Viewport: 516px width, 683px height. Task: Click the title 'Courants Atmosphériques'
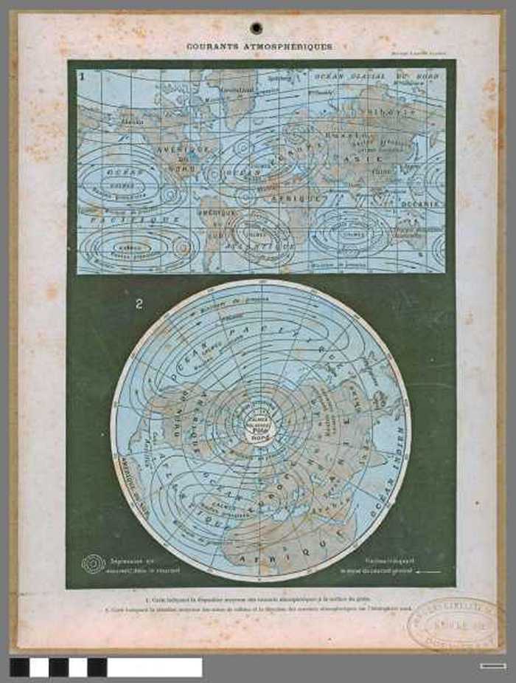coord(259,47)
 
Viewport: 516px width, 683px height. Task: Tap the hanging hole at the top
coord(256,28)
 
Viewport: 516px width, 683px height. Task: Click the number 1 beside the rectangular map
coord(83,76)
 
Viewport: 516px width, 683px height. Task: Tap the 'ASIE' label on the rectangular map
coord(368,159)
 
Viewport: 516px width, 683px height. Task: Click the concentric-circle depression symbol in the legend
coord(93,565)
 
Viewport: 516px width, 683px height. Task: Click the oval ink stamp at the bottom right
coord(452,623)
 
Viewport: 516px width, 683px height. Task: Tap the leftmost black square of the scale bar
coord(19,667)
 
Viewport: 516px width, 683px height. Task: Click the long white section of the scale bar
coord(154,667)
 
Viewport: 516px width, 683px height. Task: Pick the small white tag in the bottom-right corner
coord(492,667)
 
